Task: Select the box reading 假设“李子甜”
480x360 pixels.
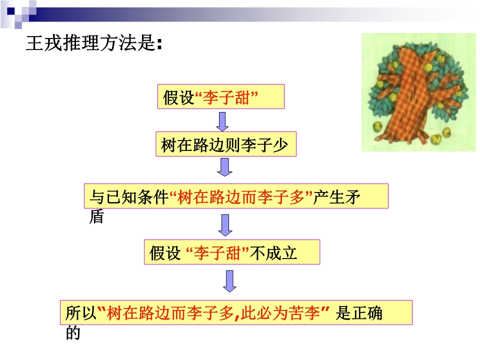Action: (220, 96)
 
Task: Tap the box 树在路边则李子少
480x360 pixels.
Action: (226, 144)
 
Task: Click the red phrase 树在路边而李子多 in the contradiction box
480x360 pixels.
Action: (241, 197)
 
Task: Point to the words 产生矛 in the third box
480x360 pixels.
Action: (337, 197)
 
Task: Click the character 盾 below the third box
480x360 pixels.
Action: (96, 216)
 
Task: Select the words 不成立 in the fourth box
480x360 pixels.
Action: (273, 253)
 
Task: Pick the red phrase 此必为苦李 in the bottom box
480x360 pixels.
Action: (280, 313)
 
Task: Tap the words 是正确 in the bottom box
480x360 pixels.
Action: (359, 313)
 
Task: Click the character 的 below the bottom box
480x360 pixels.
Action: (73, 333)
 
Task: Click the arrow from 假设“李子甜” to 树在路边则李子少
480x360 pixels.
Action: (222, 121)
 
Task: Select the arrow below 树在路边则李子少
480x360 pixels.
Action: (224, 167)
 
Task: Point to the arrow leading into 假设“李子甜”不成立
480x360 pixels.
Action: (225, 225)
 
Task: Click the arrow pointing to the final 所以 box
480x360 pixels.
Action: (229, 281)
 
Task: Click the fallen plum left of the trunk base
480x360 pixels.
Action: (377, 126)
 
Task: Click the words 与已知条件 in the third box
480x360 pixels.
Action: (129, 197)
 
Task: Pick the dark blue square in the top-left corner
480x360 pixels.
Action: (11, 11)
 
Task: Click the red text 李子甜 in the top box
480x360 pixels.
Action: (226, 97)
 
